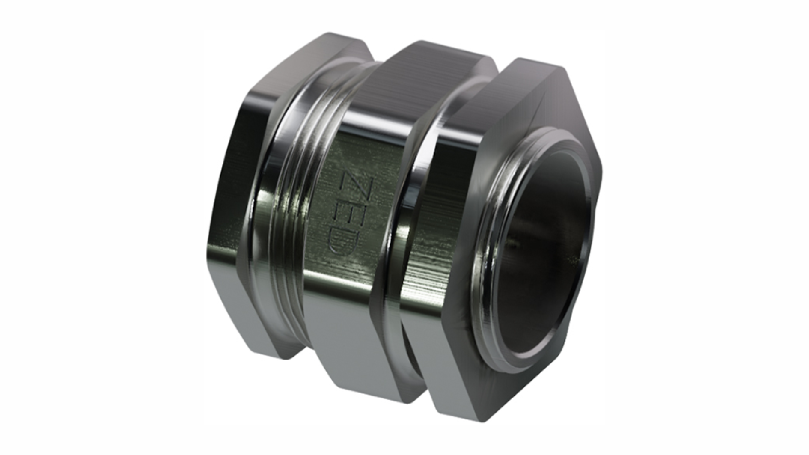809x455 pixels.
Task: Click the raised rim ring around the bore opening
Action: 488,257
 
